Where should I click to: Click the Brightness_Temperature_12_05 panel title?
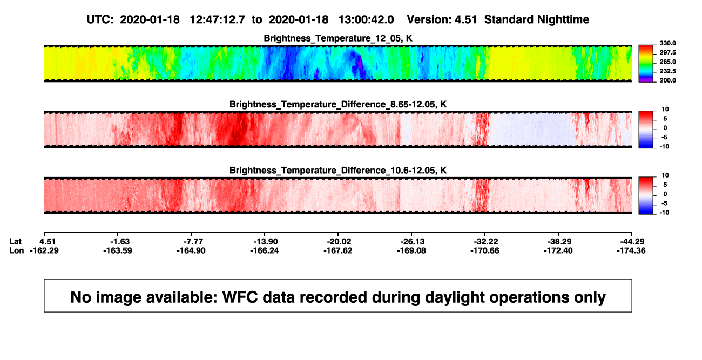[x=338, y=38]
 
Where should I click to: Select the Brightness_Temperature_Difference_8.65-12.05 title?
[x=338, y=104]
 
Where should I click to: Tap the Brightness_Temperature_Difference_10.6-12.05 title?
[x=338, y=171]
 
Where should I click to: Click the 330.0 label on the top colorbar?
[x=667, y=43]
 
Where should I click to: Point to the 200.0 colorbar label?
[x=667, y=80]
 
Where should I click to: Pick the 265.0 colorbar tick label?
[x=667, y=62]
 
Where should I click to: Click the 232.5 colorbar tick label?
[x=667, y=71]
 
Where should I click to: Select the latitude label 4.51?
[x=48, y=242]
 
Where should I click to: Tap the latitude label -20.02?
[x=339, y=242]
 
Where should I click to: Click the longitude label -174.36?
[x=631, y=250]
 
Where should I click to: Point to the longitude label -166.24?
[x=264, y=250]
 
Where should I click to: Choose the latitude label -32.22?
[x=486, y=242]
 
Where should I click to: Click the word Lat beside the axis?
[x=15, y=242]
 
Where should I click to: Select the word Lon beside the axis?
[x=16, y=250]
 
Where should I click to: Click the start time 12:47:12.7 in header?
[x=217, y=20]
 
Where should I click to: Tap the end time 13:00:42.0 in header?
[x=366, y=20]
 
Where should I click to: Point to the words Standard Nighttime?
[x=537, y=20]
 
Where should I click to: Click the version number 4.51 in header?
[x=465, y=20]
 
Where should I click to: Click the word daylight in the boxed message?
[x=454, y=297]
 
